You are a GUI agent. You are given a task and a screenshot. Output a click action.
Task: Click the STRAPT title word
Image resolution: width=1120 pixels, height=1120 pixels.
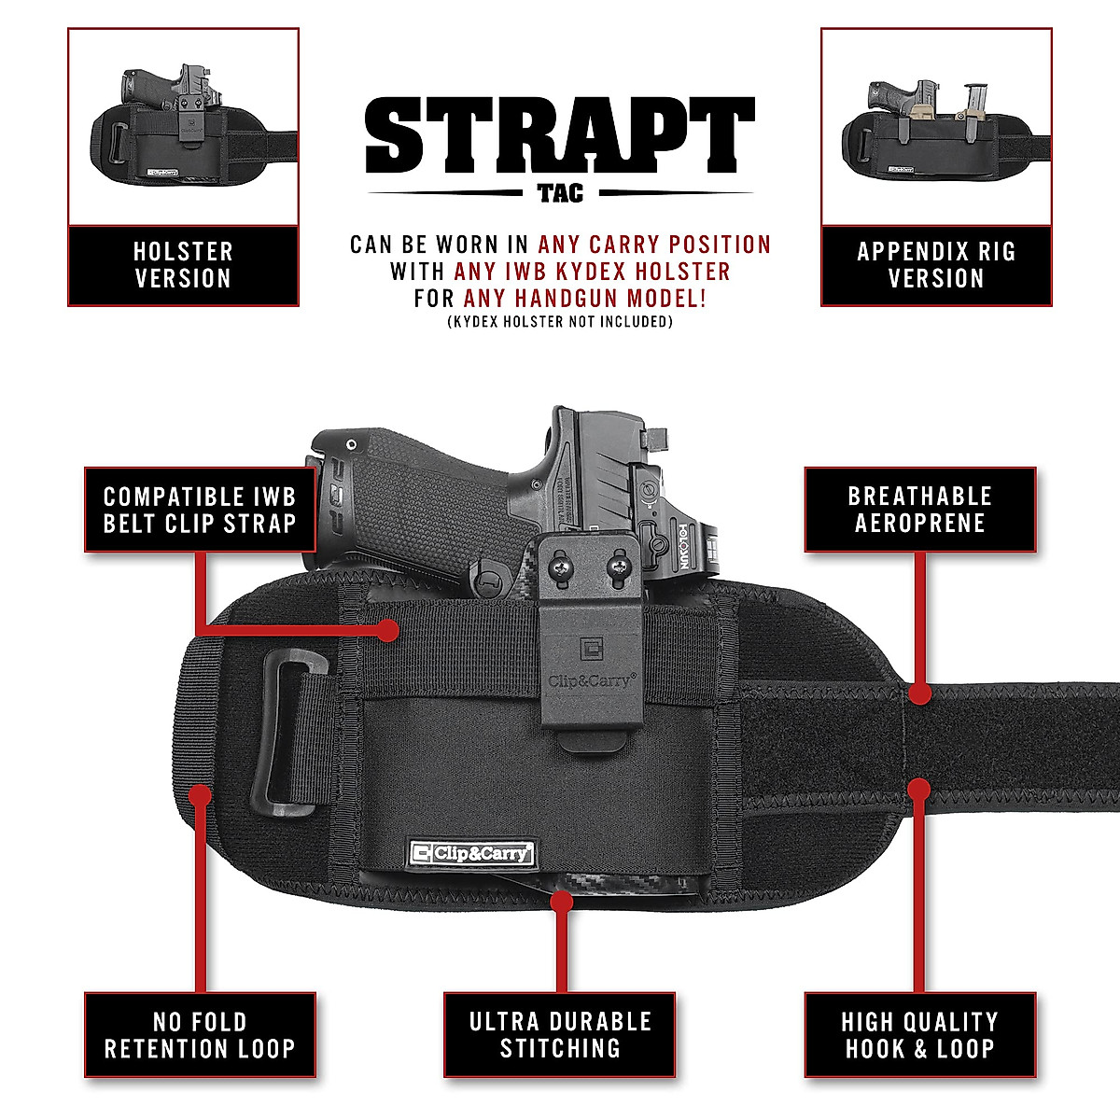[560, 135]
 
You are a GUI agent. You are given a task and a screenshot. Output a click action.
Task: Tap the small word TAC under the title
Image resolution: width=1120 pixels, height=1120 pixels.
[560, 193]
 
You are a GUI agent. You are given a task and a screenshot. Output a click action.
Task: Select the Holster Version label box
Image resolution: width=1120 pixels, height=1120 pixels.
[183, 265]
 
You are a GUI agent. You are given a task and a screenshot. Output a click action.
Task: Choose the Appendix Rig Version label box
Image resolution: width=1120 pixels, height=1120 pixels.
[936, 265]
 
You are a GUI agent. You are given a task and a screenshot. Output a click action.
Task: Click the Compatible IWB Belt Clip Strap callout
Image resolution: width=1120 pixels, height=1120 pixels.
[200, 510]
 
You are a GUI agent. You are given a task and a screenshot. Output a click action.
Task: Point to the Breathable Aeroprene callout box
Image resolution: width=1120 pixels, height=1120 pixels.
[920, 510]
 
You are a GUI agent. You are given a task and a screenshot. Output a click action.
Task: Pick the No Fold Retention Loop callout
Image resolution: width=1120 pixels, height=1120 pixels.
[200, 1035]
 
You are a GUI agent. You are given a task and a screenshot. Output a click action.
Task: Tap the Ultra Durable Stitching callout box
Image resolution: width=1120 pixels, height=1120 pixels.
[560, 1035]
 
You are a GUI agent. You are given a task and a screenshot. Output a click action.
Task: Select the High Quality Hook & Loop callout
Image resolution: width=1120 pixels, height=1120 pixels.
[920, 1035]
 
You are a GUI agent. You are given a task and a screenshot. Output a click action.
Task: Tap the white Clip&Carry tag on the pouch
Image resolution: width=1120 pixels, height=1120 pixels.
[472, 852]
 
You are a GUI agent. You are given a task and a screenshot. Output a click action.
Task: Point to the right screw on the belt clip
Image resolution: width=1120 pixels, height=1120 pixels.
[617, 565]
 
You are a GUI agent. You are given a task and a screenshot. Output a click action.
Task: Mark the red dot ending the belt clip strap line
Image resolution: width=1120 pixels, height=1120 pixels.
[388, 631]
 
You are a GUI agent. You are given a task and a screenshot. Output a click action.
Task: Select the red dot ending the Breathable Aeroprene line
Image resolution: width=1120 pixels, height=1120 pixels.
[919, 694]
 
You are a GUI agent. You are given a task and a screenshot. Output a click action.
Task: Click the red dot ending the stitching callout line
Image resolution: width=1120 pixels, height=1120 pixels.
[561, 902]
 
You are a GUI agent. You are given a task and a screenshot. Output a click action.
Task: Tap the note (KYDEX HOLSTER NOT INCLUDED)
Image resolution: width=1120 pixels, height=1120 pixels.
[560, 322]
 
